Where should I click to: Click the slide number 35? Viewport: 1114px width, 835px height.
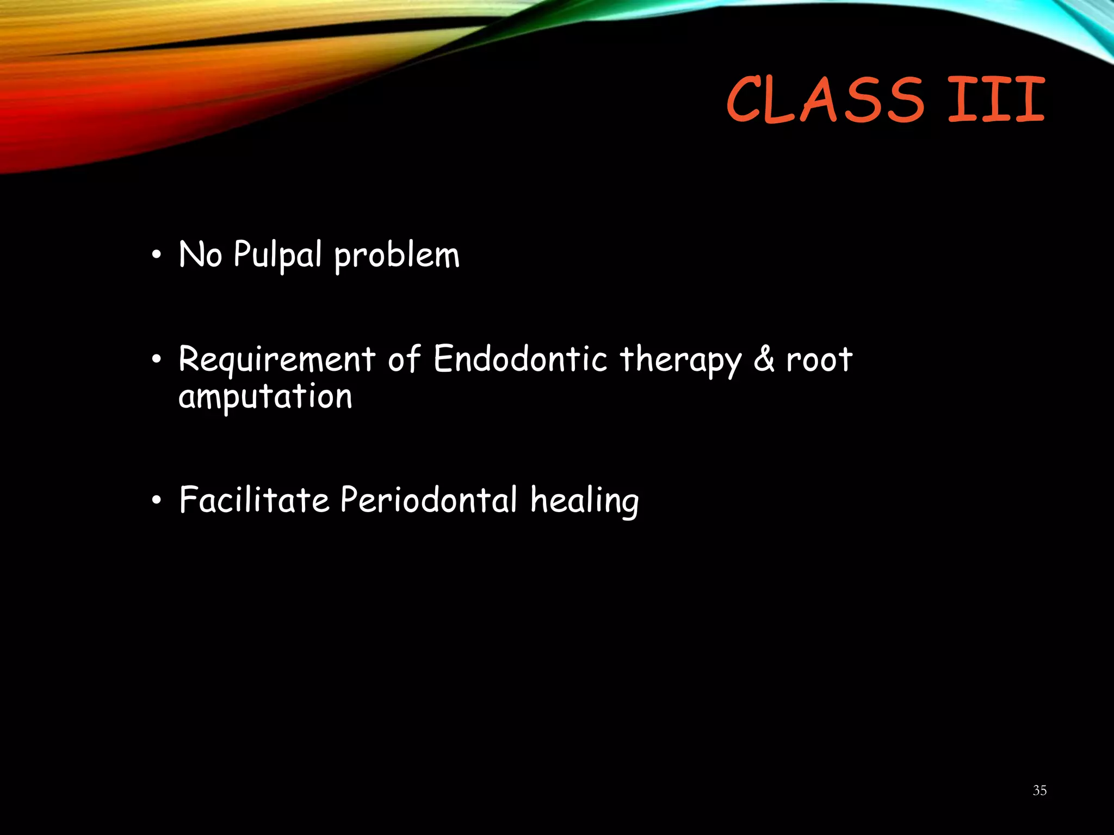[x=1039, y=790]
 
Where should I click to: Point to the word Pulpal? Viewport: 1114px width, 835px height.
[x=277, y=255]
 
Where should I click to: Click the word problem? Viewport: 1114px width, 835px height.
[x=397, y=256]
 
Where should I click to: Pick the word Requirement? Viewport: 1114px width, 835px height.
[x=277, y=360]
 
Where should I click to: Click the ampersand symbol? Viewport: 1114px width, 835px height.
[x=764, y=359]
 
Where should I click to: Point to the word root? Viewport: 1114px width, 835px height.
[x=819, y=359]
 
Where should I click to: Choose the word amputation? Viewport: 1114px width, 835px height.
[x=265, y=397]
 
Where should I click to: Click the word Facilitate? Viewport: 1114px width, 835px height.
[x=254, y=500]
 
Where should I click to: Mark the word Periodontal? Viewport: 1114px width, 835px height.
[x=429, y=500]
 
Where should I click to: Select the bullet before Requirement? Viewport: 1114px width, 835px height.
[x=157, y=360]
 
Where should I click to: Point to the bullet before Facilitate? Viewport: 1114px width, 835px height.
[x=157, y=501]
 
